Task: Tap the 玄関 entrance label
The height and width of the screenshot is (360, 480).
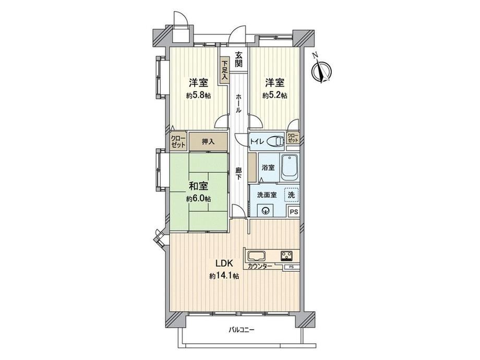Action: click(239, 59)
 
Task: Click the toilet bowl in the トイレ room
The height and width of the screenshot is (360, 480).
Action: click(275, 141)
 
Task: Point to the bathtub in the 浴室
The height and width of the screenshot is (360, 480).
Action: click(289, 168)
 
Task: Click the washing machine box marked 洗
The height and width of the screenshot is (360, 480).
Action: click(291, 195)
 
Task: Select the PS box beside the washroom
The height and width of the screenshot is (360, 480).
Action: click(294, 211)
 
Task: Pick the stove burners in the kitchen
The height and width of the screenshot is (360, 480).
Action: click(287, 255)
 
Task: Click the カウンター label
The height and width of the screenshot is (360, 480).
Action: click(260, 266)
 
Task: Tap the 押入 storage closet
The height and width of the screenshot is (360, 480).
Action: click(209, 142)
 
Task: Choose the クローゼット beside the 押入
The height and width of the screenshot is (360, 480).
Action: click(178, 141)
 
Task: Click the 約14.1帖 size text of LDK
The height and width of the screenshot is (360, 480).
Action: click(224, 276)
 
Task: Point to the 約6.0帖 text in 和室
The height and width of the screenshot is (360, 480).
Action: click(198, 199)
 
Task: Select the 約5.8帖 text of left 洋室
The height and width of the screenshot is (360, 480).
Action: click(198, 95)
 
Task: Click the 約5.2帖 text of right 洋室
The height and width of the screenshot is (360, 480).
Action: click(274, 95)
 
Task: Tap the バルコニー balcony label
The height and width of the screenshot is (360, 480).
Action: click(242, 330)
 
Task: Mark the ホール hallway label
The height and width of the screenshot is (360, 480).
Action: click(239, 103)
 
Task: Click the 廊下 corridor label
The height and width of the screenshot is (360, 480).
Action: click(239, 174)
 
